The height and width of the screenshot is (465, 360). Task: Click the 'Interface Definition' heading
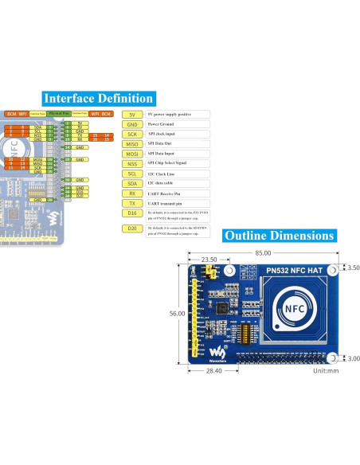tap(98, 98)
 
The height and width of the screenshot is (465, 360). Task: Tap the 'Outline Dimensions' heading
tap(278, 236)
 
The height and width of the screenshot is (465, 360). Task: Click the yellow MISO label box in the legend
tap(131, 144)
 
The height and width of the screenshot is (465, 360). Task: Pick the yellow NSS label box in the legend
tap(131, 163)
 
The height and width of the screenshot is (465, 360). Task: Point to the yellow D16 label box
tap(131, 213)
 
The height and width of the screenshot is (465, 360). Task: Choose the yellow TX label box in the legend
tap(131, 202)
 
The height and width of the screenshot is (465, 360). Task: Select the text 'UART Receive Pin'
tap(168, 193)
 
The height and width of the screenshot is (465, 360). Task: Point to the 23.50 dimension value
tap(209, 260)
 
